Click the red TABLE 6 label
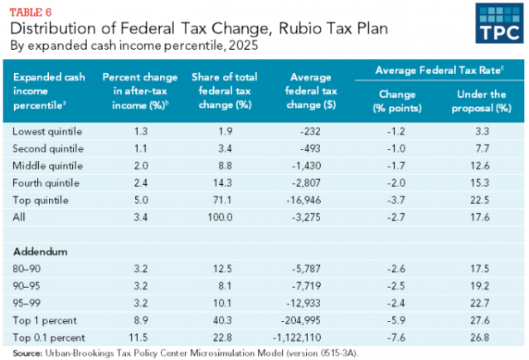tap(27, 9)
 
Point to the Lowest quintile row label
tap(46, 131)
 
